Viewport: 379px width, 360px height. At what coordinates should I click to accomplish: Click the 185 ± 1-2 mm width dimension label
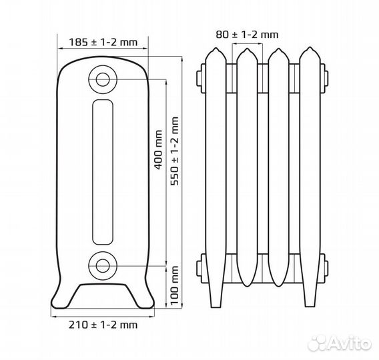click(103, 42)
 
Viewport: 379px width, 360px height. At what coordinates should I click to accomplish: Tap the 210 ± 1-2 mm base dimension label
click(103, 325)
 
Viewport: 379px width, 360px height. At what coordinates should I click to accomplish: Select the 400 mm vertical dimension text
click(158, 150)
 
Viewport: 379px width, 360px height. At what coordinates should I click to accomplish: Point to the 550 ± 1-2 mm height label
click(175, 151)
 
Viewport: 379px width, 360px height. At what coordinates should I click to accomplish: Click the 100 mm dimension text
click(175, 285)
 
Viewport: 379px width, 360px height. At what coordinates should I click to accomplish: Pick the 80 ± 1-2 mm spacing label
click(247, 35)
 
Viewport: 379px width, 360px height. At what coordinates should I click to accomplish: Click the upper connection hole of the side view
click(103, 79)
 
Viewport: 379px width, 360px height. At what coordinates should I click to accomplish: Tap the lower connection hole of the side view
click(103, 266)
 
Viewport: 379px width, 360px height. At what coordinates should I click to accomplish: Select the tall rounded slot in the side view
click(103, 172)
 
